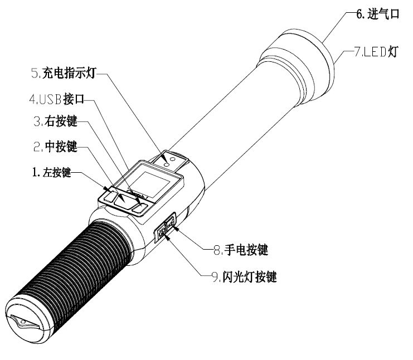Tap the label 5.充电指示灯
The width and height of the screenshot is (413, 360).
(x=66, y=73)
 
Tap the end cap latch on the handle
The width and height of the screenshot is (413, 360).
(x=22, y=324)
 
